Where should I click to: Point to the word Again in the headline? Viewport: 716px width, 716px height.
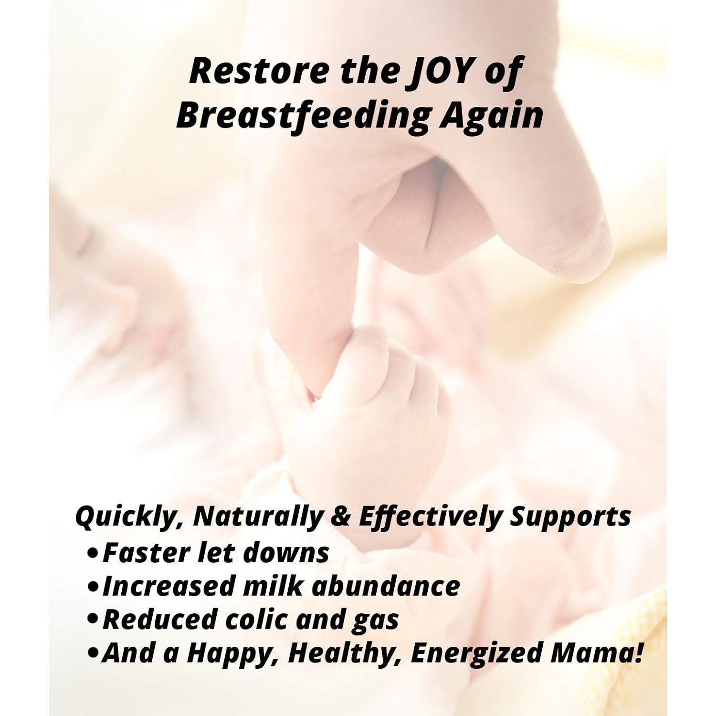(491, 116)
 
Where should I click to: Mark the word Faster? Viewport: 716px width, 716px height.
(145, 552)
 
